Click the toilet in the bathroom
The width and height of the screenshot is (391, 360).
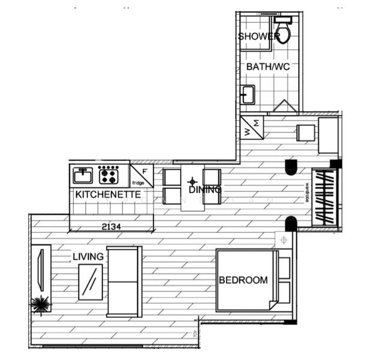(282, 32)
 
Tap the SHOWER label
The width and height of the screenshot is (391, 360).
(258, 37)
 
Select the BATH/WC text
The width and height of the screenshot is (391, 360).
(267, 67)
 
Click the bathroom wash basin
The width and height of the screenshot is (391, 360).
(248, 95)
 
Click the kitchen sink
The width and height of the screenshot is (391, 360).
(83, 175)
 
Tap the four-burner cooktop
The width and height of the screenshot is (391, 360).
(109, 175)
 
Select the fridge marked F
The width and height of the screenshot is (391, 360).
(142, 175)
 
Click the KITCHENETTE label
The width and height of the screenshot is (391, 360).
(108, 194)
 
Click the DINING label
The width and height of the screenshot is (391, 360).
(205, 190)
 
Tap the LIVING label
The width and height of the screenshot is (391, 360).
(88, 257)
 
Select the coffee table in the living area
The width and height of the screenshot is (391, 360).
(90, 282)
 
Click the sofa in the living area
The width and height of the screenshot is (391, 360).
(124, 281)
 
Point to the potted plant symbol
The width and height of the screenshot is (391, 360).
(41, 305)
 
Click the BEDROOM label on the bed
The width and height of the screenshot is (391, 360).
(243, 280)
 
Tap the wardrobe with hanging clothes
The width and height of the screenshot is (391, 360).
(324, 197)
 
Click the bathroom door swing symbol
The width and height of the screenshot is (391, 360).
(285, 107)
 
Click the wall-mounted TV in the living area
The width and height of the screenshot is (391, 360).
(40, 269)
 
